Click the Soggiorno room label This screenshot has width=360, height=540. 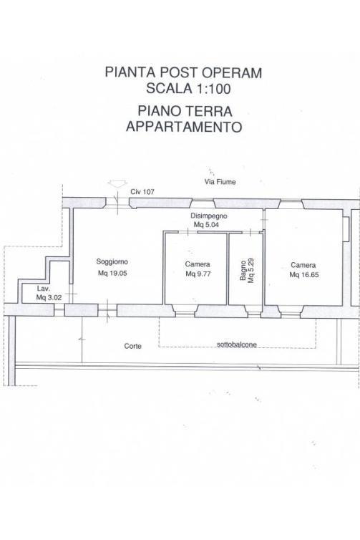click(x=112, y=261)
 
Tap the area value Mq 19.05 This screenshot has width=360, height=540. click(x=112, y=274)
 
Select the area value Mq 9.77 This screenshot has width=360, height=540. click(x=198, y=274)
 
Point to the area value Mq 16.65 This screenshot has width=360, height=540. click(x=304, y=275)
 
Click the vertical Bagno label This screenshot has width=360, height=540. click(x=243, y=271)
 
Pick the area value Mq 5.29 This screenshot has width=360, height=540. click(x=251, y=271)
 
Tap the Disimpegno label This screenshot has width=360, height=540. click(x=209, y=216)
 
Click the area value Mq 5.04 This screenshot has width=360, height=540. click(x=206, y=225)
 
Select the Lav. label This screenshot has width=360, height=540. click(x=44, y=289)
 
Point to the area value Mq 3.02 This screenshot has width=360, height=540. click(x=49, y=297)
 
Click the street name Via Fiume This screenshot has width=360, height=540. click(x=220, y=182)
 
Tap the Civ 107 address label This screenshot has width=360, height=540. click(x=142, y=192)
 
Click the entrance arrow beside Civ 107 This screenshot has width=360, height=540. click(x=117, y=183)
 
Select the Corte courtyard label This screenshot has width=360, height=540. click(x=133, y=346)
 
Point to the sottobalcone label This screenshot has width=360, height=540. click(x=237, y=344)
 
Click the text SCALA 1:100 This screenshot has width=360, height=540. click(x=188, y=89)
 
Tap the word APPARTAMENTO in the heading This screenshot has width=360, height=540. click(x=184, y=127)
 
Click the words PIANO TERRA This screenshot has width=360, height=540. click(x=185, y=111)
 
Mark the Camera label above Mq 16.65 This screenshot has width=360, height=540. click(x=303, y=265)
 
